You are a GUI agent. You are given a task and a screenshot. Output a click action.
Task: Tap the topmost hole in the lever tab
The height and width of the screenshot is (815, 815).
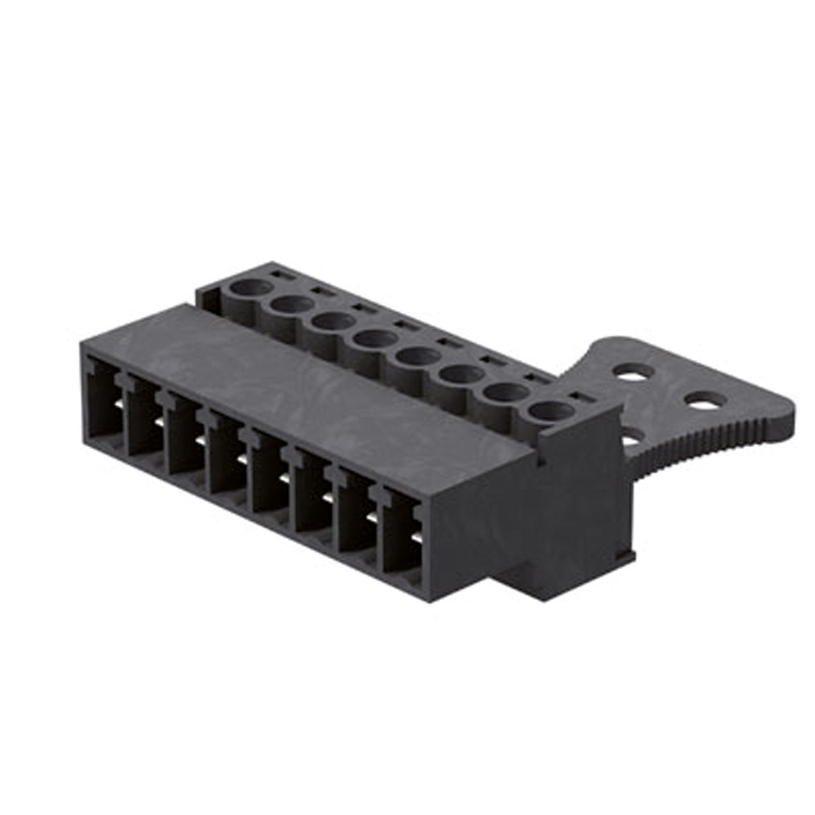tap(634, 370)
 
